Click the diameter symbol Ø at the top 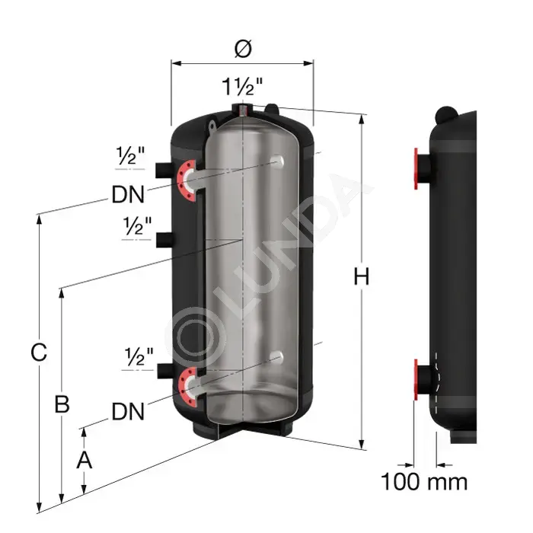coord(243,49)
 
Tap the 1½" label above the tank coord(242,86)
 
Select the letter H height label coord(362,276)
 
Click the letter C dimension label coord(39,352)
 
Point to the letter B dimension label coord(62,404)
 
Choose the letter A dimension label coord(84,460)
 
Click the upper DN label coord(128,194)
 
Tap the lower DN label coord(128,411)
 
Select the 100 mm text coord(424,482)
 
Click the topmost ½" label coord(130,155)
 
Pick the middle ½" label coord(137,226)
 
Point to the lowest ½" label coord(139,357)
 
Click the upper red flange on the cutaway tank coord(186,181)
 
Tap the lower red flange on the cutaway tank coord(187,387)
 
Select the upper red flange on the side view coord(416,168)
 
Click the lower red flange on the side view coord(416,380)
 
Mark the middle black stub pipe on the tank coord(164,240)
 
